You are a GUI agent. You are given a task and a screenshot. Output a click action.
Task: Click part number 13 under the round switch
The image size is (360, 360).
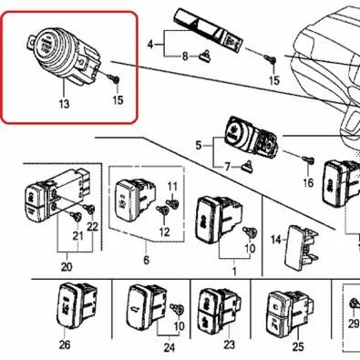point(65,104)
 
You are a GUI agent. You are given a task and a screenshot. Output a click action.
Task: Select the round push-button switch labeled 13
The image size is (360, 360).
point(66,57)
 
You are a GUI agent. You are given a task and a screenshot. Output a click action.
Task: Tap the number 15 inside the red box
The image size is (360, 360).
point(118,99)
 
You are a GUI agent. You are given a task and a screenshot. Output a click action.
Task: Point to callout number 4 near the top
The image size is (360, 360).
point(150,45)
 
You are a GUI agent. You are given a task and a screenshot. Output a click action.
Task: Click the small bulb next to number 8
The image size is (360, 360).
point(206,57)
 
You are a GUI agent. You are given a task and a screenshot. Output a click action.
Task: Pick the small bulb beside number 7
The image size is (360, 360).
point(248,167)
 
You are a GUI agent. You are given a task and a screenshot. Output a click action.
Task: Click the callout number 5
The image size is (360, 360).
point(199,145)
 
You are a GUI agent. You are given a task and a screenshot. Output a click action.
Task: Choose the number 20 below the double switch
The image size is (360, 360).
point(67,267)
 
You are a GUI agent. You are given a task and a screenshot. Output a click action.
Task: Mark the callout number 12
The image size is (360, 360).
point(164,232)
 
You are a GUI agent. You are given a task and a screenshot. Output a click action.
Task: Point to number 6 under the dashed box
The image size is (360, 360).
point(147,260)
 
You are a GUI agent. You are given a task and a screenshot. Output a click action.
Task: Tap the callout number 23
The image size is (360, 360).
point(229,345)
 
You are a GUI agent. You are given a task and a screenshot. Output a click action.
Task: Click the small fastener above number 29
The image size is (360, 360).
point(354,303)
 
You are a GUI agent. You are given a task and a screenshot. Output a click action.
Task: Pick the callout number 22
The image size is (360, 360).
point(92,227)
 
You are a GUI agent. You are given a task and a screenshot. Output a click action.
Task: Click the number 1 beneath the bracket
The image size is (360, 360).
point(234,272)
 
